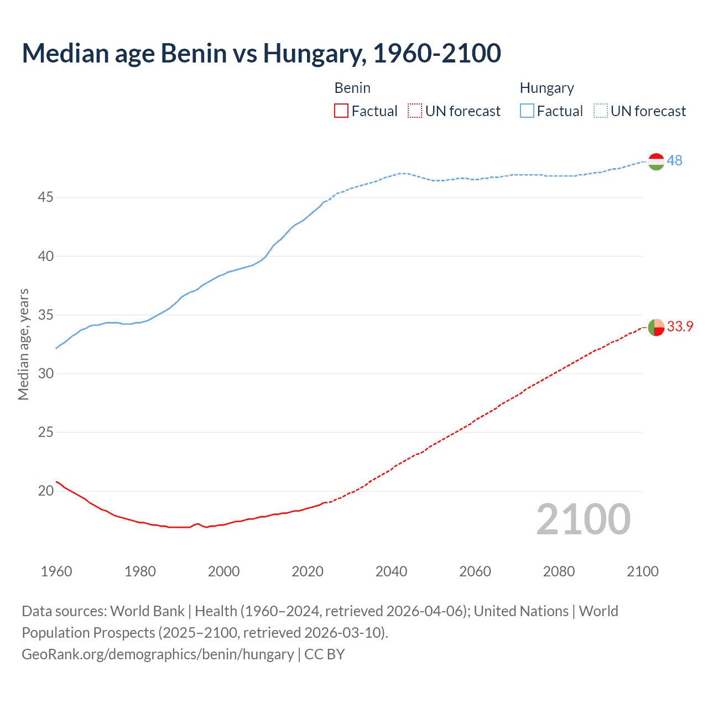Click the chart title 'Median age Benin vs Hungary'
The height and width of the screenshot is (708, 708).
pyautogui.click(x=261, y=53)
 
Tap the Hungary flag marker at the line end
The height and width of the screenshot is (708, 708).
pyautogui.click(x=655, y=161)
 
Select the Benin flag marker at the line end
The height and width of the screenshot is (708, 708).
pyautogui.click(x=655, y=327)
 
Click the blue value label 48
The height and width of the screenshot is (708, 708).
pyautogui.click(x=674, y=160)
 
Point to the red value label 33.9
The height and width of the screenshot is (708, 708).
pyautogui.click(x=680, y=326)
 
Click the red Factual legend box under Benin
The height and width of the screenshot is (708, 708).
pyautogui.click(x=341, y=111)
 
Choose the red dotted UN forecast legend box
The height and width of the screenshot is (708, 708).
pyautogui.click(x=414, y=111)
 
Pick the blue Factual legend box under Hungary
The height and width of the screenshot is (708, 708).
pyautogui.click(x=527, y=111)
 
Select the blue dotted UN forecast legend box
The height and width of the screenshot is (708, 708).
pyautogui.click(x=600, y=111)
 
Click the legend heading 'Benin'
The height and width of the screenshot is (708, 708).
pyautogui.click(x=352, y=88)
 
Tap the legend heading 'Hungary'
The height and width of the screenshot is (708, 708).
pyautogui.click(x=546, y=88)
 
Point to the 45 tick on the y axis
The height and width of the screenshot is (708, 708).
pyautogui.click(x=45, y=197)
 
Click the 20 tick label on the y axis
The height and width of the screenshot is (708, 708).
pyautogui.click(x=45, y=491)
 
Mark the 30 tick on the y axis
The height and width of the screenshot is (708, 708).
pyautogui.click(x=45, y=373)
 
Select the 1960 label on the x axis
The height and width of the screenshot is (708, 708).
pyautogui.click(x=56, y=571)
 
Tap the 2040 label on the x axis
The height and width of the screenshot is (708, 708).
pyautogui.click(x=391, y=571)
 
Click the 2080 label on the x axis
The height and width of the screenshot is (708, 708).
pyautogui.click(x=559, y=571)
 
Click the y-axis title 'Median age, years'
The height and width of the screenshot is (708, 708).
pyautogui.click(x=23, y=344)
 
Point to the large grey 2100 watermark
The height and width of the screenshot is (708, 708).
pyautogui.click(x=583, y=519)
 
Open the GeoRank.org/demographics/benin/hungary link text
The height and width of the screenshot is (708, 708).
pyautogui.click(x=158, y=654)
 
